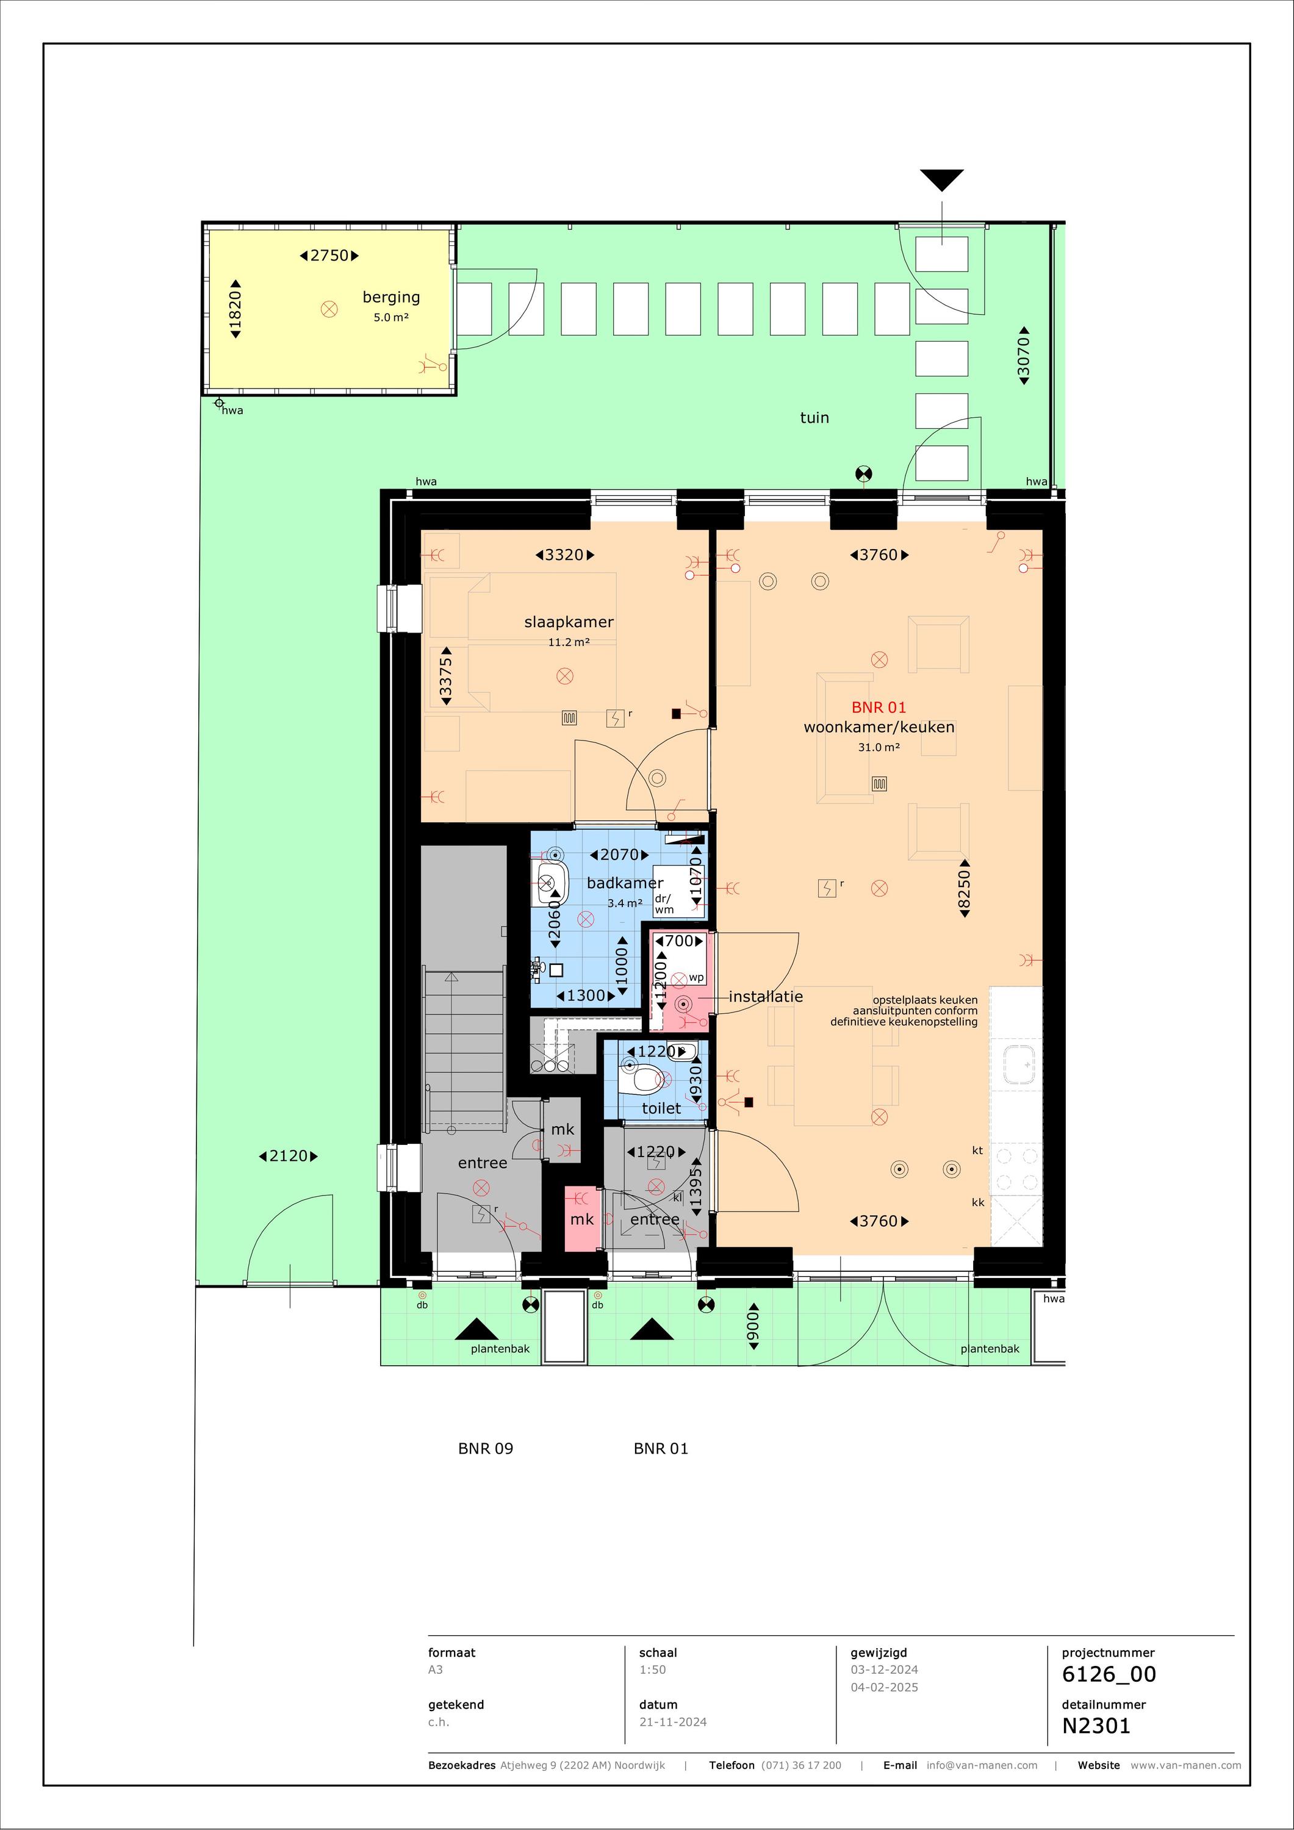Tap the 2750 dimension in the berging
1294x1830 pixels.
(x=329, y=256)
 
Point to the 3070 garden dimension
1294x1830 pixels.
(x=1024, y=356)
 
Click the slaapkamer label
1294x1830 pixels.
(x=569, y=622)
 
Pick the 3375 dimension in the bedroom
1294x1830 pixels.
(x=447, y=676)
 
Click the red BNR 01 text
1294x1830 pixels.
(x=879, y=707)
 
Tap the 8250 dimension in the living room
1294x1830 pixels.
(x=965, y=889)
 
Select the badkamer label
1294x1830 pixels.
(x=625, y=883)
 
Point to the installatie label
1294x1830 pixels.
(x=766, y=996)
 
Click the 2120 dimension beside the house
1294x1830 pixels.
(x=289, y=1156)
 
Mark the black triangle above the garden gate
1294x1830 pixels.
(x=941, y=180)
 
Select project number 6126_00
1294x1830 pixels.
(x=1109, y=1674)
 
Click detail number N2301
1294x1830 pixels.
(x=1096, y=1726)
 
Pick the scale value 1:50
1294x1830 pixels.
(x=652, y=1670)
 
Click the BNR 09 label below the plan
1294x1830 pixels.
(x=486, y=1448)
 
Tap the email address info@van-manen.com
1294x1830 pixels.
(x=982, y=1765)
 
